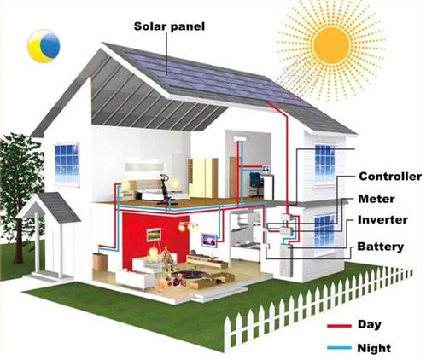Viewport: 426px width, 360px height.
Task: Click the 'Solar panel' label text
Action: [x=169, y=26]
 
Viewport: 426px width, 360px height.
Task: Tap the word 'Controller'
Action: [x=390, y=177]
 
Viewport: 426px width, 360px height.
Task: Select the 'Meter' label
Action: [x=376, y=199]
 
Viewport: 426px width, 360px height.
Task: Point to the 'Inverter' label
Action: [x=382, y=219]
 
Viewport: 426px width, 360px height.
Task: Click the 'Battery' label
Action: [x=381, y=247]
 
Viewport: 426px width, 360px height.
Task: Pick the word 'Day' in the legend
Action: [x=370, y=324]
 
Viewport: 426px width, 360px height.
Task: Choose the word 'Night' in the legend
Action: [x=374, y=348]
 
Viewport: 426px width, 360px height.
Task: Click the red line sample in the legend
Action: [x=339, y=326]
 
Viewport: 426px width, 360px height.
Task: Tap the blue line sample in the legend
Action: [x=339, y=348]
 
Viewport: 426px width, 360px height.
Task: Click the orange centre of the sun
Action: [x=331, y=45]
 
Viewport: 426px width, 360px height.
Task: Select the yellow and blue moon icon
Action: [x=44, y=46]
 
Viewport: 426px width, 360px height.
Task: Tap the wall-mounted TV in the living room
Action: [x=209, y=241]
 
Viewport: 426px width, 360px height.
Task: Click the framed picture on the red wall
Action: [x=154, y=235]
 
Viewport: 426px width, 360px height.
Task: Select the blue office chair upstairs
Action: [x=256, y=184]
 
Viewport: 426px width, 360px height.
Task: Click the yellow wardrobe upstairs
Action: [x=202, y=178]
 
